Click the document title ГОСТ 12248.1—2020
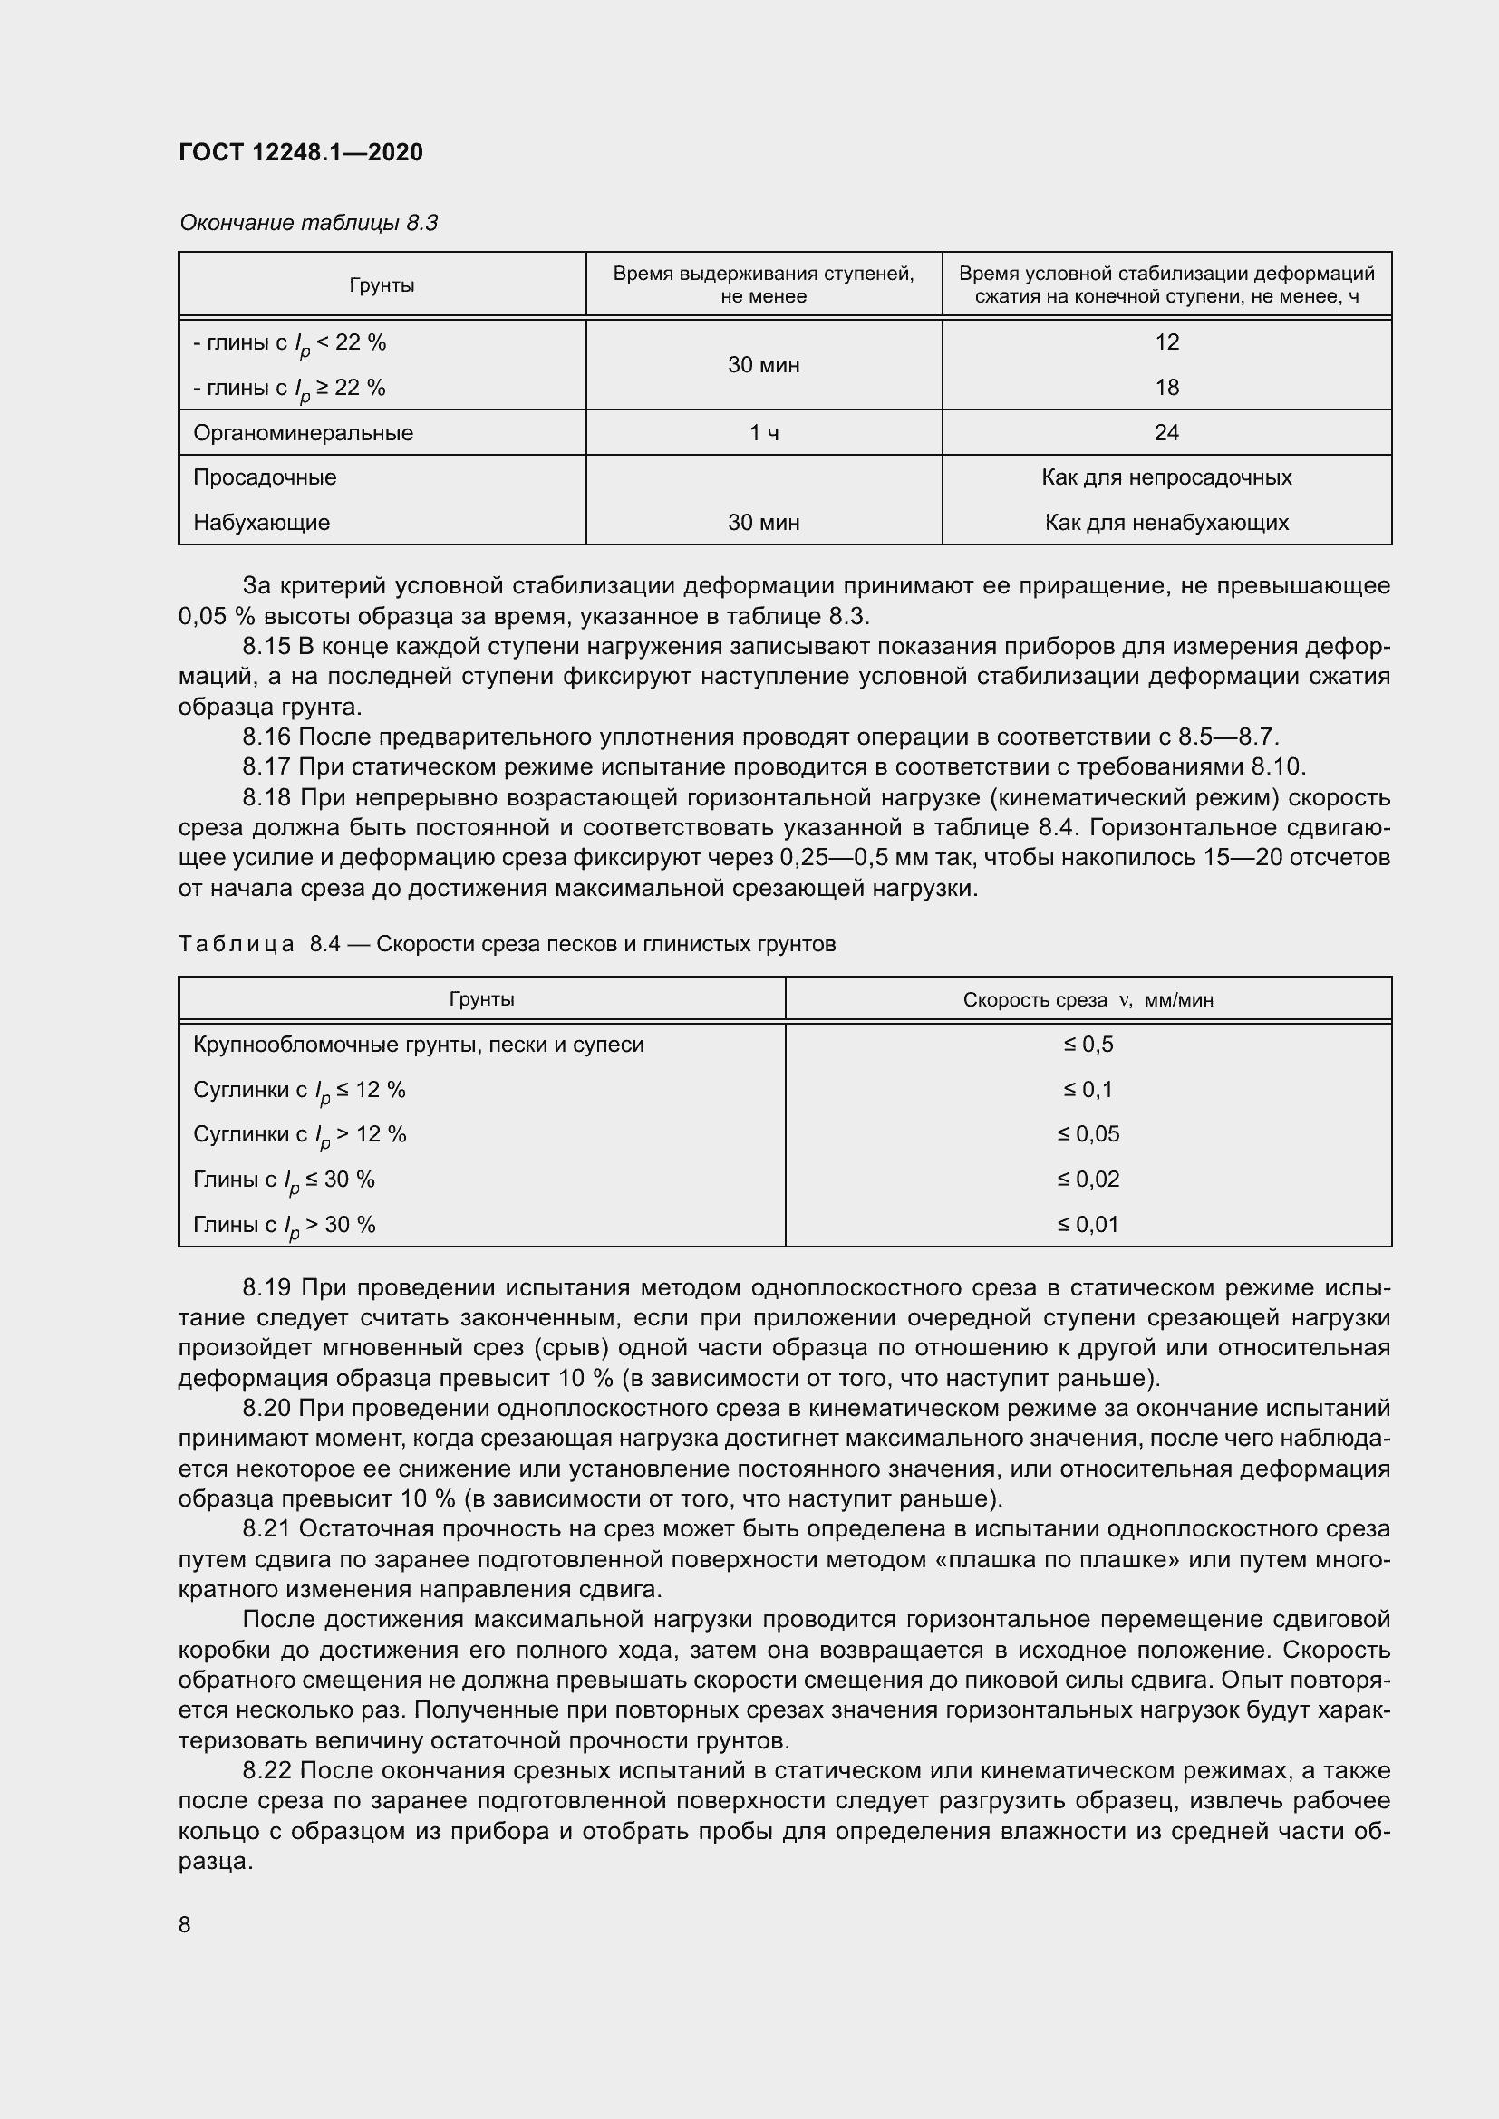[301, 152]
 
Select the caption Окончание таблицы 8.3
[308, 223]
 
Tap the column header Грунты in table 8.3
[382, 285]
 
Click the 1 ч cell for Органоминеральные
[763, 433]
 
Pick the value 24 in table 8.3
[1165, 433]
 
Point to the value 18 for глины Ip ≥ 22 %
[1166, 388]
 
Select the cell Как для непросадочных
[1165, 477]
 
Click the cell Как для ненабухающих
[1165, 523]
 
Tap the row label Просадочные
[265, 477]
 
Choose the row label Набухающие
[261, 523]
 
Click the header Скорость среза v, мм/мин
[1088, 999]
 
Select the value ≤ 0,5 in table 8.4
[1088, 1044]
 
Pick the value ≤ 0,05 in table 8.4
[1088, 1133]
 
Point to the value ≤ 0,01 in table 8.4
[1088, 1224]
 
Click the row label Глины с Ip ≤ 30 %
[285, 1180]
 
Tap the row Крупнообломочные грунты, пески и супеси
[418, 1045]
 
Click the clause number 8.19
[266, 1287]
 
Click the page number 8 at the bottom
[185, 1924]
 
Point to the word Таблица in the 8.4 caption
[237, 943]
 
